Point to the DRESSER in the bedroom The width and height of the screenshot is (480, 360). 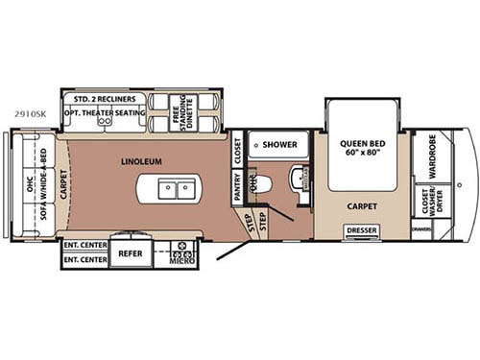coord(361,229)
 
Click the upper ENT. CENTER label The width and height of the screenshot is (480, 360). coord(84,243)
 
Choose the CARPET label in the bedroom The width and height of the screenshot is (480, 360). coord(361,205)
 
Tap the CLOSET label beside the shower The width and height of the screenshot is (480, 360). coord(238,148)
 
